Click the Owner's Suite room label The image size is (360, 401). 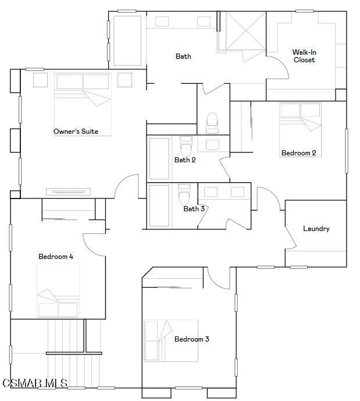point(76,132)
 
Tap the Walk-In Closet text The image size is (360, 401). point(304,56)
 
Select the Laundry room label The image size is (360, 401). point(316,229)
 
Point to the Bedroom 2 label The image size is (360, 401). point(298,153)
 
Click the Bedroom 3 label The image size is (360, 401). point(191,339)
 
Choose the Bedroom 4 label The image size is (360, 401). point(56,257)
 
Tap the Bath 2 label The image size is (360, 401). point(185,160)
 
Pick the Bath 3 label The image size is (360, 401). point(194,209)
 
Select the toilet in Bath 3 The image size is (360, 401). point(184,193)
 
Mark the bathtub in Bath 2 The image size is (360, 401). point(159,158)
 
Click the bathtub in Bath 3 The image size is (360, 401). point(159,205)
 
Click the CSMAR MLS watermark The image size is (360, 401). point(35,383)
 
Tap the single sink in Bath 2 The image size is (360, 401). point(213,144)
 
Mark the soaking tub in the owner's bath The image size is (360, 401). point(127,41)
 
